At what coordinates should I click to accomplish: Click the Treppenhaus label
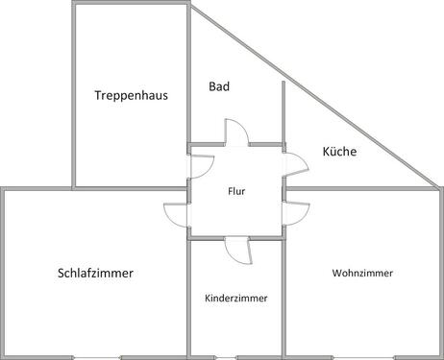click(131, 95)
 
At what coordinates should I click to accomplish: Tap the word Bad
click(219, 86)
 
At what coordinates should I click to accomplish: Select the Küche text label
click(339, 151)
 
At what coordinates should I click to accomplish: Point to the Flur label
click(236, 191)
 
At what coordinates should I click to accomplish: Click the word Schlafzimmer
click(95, 273)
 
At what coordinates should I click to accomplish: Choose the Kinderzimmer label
click(236, 299)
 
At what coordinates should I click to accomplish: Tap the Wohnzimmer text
click(362, 273)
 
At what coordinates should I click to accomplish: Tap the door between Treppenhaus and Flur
click(199, 166)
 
